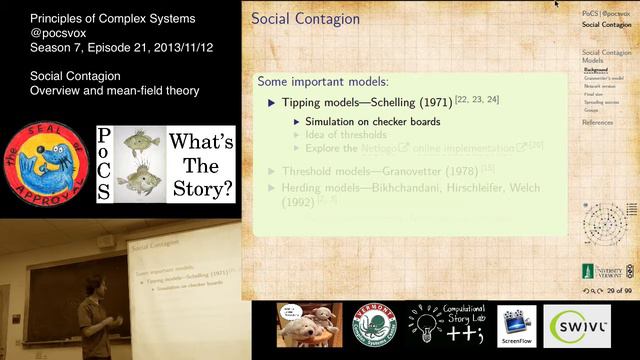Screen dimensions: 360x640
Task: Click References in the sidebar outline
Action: click(598, 122)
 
